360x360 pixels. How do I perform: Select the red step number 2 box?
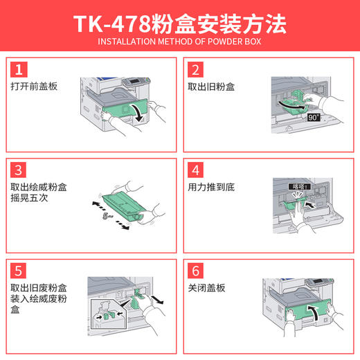pos(196,69)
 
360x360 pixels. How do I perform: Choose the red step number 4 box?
pos(196,170)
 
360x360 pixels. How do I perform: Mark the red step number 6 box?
pos(196,269)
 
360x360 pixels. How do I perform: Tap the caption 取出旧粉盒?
pos(210,87)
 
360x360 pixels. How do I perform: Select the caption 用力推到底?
pos(210,188)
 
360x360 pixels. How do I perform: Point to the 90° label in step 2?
pos(312,118)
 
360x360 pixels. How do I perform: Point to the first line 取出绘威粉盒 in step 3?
pos(39,188)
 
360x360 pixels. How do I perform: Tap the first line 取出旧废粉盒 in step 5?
pos(39,287)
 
